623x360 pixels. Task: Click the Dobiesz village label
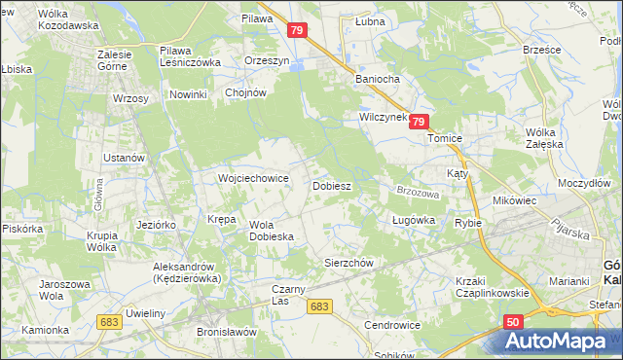click(x=331, y=184)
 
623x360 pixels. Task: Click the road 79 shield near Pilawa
click(x=299, y=32)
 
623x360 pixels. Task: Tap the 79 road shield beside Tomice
click(x=419, y=122)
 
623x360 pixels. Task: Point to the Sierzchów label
click(x=348, y=263)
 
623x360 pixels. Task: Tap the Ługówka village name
click(x=413, y=220)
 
